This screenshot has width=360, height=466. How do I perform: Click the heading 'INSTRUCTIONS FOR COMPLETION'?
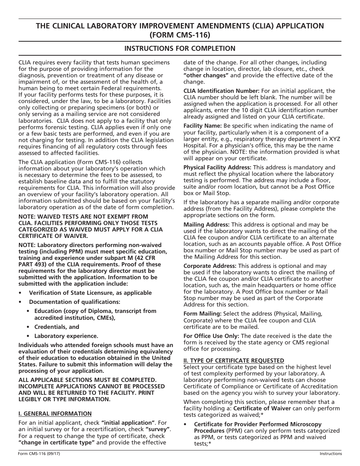[x=180, y=48]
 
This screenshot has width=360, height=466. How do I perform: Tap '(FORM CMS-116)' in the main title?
[x=180, y=34]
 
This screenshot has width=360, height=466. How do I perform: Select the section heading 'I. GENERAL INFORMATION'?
[x=55, y=413]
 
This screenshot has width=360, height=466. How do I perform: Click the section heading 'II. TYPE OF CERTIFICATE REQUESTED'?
[x=233, y=360]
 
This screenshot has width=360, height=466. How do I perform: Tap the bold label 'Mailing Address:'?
[x=207, y=225]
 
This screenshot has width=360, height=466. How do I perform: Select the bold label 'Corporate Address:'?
[x=210, y=266]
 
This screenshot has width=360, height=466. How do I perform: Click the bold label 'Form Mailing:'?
[x=202, y=314]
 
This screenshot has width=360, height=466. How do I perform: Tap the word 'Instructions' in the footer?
[x=330, y=453]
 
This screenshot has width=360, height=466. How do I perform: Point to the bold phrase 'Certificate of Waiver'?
[x=262, y=408]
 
